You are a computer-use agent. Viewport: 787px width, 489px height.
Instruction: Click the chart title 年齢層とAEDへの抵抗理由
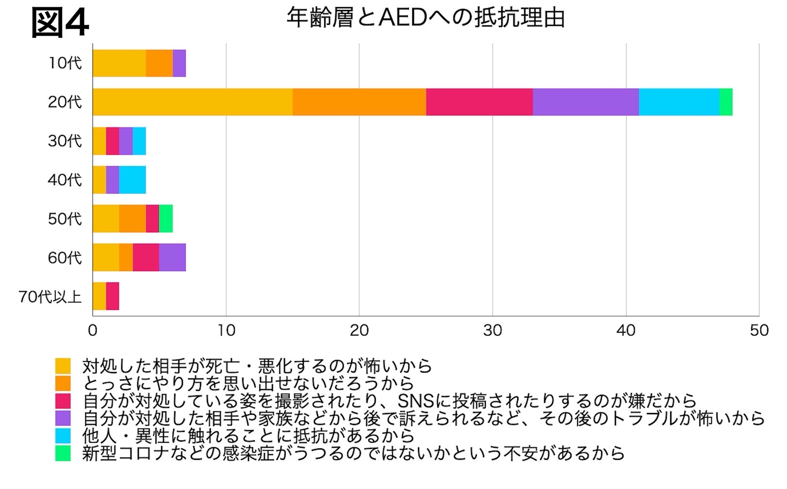[x=426, y=18]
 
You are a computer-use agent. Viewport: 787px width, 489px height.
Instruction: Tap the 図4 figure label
[x=60, y=22]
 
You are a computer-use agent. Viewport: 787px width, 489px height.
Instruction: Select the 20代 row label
[x=65, y=102]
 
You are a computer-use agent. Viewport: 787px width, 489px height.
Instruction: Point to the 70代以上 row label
[x=50, y=296]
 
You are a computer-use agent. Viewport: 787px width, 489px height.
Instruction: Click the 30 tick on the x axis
[x=492, y=330]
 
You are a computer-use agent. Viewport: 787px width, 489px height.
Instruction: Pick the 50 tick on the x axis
[x=759, y=330]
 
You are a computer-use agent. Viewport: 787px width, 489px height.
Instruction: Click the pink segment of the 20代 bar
[x=479, y=102]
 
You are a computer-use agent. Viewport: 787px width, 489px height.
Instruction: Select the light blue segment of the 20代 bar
[x=679, y=102]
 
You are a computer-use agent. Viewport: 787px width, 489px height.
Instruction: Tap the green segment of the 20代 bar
[x=726, y=102]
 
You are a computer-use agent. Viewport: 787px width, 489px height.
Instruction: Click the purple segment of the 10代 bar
[x=179, y=63]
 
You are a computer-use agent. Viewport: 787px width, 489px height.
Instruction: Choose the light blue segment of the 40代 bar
[x=132, y=180]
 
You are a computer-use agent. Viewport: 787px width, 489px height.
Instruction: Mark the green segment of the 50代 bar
[x=166, y=219]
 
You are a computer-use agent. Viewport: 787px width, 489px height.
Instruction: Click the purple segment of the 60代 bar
[x=172, y=258]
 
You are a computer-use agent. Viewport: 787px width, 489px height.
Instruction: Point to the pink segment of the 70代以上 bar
[x=113, y=296]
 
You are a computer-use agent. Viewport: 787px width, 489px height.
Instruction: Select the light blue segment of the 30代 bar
[x=139, y=141]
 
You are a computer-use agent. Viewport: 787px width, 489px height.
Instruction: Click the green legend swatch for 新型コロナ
[x=63, y=453]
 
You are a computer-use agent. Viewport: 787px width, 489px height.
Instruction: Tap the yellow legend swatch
[x=63, y=365]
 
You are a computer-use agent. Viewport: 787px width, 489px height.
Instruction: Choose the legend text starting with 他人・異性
[x=248, y=436]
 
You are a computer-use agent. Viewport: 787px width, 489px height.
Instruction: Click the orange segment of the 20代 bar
[x=360, y=102]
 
